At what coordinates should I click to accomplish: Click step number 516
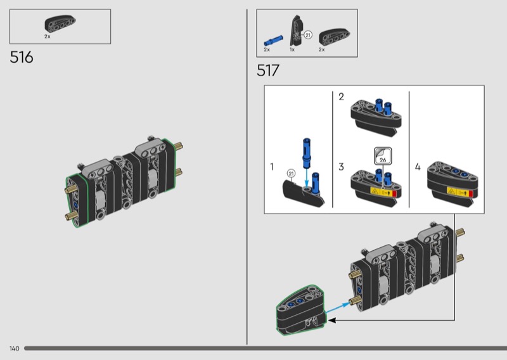click(22, 57)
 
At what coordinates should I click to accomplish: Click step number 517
click(267, 70)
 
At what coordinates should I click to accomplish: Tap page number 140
click(14, 349)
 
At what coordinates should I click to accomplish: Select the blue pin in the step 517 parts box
click(273, 41)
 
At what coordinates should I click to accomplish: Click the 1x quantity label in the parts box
click(292, 49)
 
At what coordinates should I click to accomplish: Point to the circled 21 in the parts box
click(308, 35)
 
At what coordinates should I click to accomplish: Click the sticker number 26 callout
click(383, 157)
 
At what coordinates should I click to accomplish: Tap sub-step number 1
click(272, 167)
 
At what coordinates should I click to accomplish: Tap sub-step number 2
click(341, 97)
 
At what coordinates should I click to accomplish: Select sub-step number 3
click(341, 167)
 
